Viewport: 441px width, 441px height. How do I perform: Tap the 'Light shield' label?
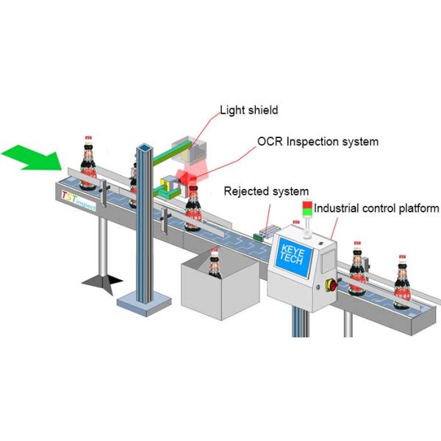click(248, 112)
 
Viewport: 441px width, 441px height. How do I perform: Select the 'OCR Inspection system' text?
click(318, 140)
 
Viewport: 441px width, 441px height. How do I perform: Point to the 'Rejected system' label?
click(265, 192)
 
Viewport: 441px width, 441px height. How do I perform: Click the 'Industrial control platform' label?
click(376, 208)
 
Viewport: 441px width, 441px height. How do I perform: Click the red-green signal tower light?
click(307, 208)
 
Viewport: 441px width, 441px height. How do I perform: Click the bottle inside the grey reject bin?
click(214, 265)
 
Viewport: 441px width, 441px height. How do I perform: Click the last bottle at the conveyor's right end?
click(403, 282)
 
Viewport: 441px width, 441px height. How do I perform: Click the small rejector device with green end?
click(262, 234)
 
